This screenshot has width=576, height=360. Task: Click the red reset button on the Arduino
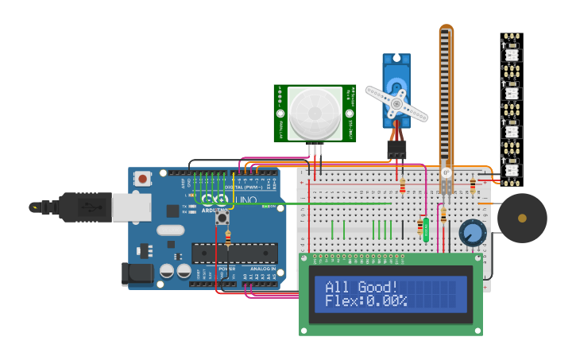tap(142, 179)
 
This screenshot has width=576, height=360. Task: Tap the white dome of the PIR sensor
tap(315, 114)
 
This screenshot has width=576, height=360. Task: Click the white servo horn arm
tap(396, 103)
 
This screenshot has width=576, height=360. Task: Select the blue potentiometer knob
tap(473, 233)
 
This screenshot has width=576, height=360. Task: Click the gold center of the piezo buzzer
tap(522, 218)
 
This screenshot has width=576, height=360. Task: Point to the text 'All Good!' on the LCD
tap(361, 287)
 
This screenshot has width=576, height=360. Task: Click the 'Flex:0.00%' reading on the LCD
tap(365, 301)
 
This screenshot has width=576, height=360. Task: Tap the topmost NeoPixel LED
tap(512, 54)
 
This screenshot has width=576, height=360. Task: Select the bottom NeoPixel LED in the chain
tap(512, 168)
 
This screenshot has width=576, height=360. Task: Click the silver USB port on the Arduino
tap(131, 207)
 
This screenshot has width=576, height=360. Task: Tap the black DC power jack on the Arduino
tap(137, 274)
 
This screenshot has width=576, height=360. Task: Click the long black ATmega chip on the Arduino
tap(235, 254)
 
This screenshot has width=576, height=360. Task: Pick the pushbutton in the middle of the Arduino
tap(222, 217)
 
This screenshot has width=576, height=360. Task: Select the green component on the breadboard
tap(426, 230)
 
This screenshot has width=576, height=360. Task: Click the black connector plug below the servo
tap(396, 149)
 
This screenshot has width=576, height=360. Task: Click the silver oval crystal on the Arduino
tap(170, 230)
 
